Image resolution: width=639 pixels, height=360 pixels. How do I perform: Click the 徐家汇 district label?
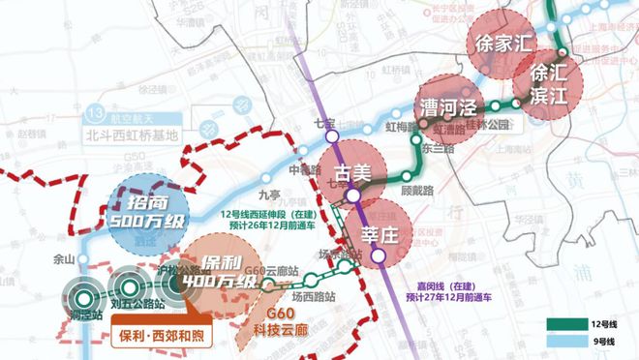tap(501, 43)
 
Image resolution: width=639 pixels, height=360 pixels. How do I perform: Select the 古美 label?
tap(352, 173)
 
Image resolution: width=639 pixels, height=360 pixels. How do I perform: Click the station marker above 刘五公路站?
tap(128, 286)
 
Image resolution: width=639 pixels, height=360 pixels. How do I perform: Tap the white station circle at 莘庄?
tap(380, 256)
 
